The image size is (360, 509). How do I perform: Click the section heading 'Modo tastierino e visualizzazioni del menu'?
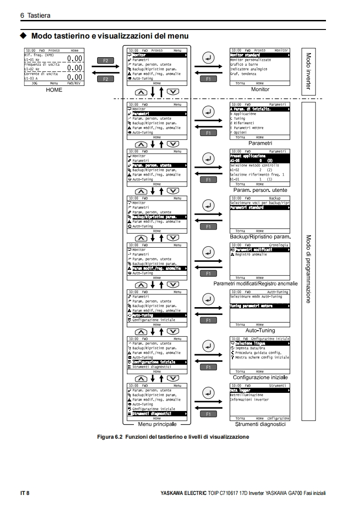[x=110, y=35]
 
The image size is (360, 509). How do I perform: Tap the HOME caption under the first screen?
[x=54, y=90]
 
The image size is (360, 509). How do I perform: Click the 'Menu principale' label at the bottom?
[x=157, y=425]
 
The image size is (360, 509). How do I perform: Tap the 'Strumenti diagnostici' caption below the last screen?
[x=260, y=425]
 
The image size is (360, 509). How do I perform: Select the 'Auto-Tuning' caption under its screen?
[x=260, y=331]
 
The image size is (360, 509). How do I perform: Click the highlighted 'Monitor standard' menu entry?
[x=246, y=55]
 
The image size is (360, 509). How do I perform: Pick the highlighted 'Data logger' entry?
[x=240, y=390]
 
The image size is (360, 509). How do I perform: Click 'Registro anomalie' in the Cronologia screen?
[x=251, y=254]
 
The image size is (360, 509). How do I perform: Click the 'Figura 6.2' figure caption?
[x=173, y=436]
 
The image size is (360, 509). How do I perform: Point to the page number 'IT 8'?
[x=25, y=493]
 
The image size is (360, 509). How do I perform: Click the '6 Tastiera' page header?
[x=35, y=15]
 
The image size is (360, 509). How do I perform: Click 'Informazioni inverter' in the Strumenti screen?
[x=249, y=400]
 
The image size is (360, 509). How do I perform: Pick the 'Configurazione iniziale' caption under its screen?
[x=260, y=377]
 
